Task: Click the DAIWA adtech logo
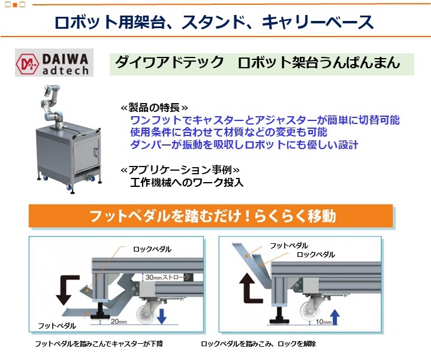tap(54, 63)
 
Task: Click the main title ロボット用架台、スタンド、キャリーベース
tap(214, 22)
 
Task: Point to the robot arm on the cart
tap(52, 105)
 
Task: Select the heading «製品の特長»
tap(154, 107)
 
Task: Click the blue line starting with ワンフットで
tap(265, 120)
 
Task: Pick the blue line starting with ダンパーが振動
tap(244, 144)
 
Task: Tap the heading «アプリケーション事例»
tap(180, 170)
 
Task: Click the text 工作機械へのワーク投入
tap(187, 182)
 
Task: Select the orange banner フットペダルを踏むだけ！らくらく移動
tap(211, 216)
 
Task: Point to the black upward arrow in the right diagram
tap(251, 288)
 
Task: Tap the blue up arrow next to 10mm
tap(334, 317)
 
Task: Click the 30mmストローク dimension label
tap(167, 277)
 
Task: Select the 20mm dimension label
tap(119, 321)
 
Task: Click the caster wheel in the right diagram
tap(310, 313)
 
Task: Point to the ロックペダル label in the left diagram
tap(152, 249)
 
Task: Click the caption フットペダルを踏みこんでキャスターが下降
tap(99, 344)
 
